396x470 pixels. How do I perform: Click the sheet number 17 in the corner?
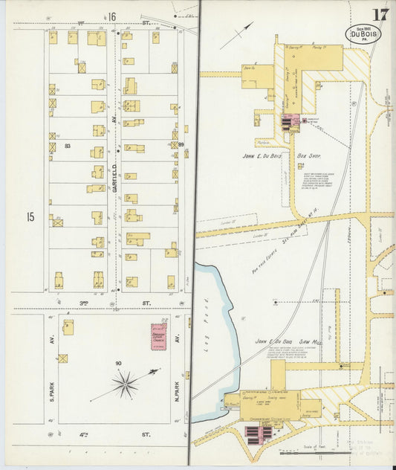click(x=380, y=14)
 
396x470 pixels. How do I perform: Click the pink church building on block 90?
click(x=159, y=336)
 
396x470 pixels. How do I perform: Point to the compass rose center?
click(x=126, y=384)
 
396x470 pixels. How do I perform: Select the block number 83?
click(x=68, y=145)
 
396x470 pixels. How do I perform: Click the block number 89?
click(x=181, y=144)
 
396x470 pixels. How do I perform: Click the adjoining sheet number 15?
click(x=30, y=217)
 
